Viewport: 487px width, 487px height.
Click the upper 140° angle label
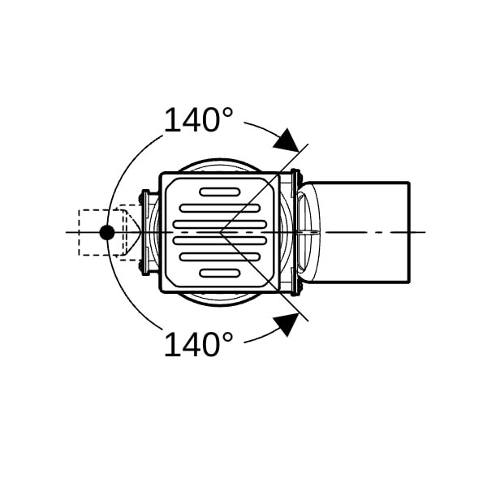point(198,119)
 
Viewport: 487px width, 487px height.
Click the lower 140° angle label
point(198,344)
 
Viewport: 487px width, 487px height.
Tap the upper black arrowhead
point(287,140)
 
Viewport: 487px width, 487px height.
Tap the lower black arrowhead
point(287,324)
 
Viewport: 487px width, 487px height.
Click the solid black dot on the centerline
point(107,232)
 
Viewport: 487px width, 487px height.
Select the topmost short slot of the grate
point(220,192)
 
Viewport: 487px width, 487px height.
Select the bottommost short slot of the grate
point(220,273)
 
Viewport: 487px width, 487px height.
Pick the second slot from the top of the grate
point(220,208)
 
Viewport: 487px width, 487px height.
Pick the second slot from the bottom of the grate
point(220,256)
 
